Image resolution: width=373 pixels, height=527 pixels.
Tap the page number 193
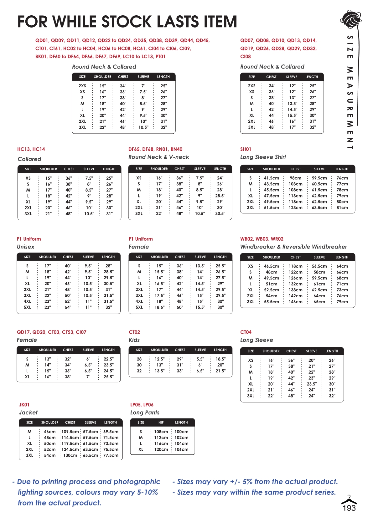(349, 508)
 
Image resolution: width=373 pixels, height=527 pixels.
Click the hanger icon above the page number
(349, 499)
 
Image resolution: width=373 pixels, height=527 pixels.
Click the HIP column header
(161, 422)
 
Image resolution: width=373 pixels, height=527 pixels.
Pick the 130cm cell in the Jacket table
(70, 455)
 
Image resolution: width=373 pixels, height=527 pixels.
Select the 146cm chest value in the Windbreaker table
(295, 302)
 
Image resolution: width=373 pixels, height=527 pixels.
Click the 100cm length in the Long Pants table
(181, 432)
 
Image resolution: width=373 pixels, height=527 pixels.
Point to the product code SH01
(246, 149)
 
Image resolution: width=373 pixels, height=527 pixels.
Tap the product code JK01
(24, 405)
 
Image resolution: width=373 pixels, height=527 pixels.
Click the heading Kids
(134, 340)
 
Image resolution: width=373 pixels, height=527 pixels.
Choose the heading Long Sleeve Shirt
(263, 157)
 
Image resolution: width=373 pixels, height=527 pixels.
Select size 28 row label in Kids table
(139, 359)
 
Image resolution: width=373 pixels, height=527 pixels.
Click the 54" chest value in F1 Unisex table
(68, 307)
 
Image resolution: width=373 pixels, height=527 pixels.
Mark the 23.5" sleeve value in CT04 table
(312, 384)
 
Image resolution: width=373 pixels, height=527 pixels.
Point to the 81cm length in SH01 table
(342, 207)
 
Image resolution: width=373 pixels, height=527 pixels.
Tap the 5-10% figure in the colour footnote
(147, 492)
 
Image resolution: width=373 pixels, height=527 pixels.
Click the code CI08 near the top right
(246, 57)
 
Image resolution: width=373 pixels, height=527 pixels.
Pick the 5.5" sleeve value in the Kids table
(200, 359)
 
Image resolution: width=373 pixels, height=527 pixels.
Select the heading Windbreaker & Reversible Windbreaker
(293, 247)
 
